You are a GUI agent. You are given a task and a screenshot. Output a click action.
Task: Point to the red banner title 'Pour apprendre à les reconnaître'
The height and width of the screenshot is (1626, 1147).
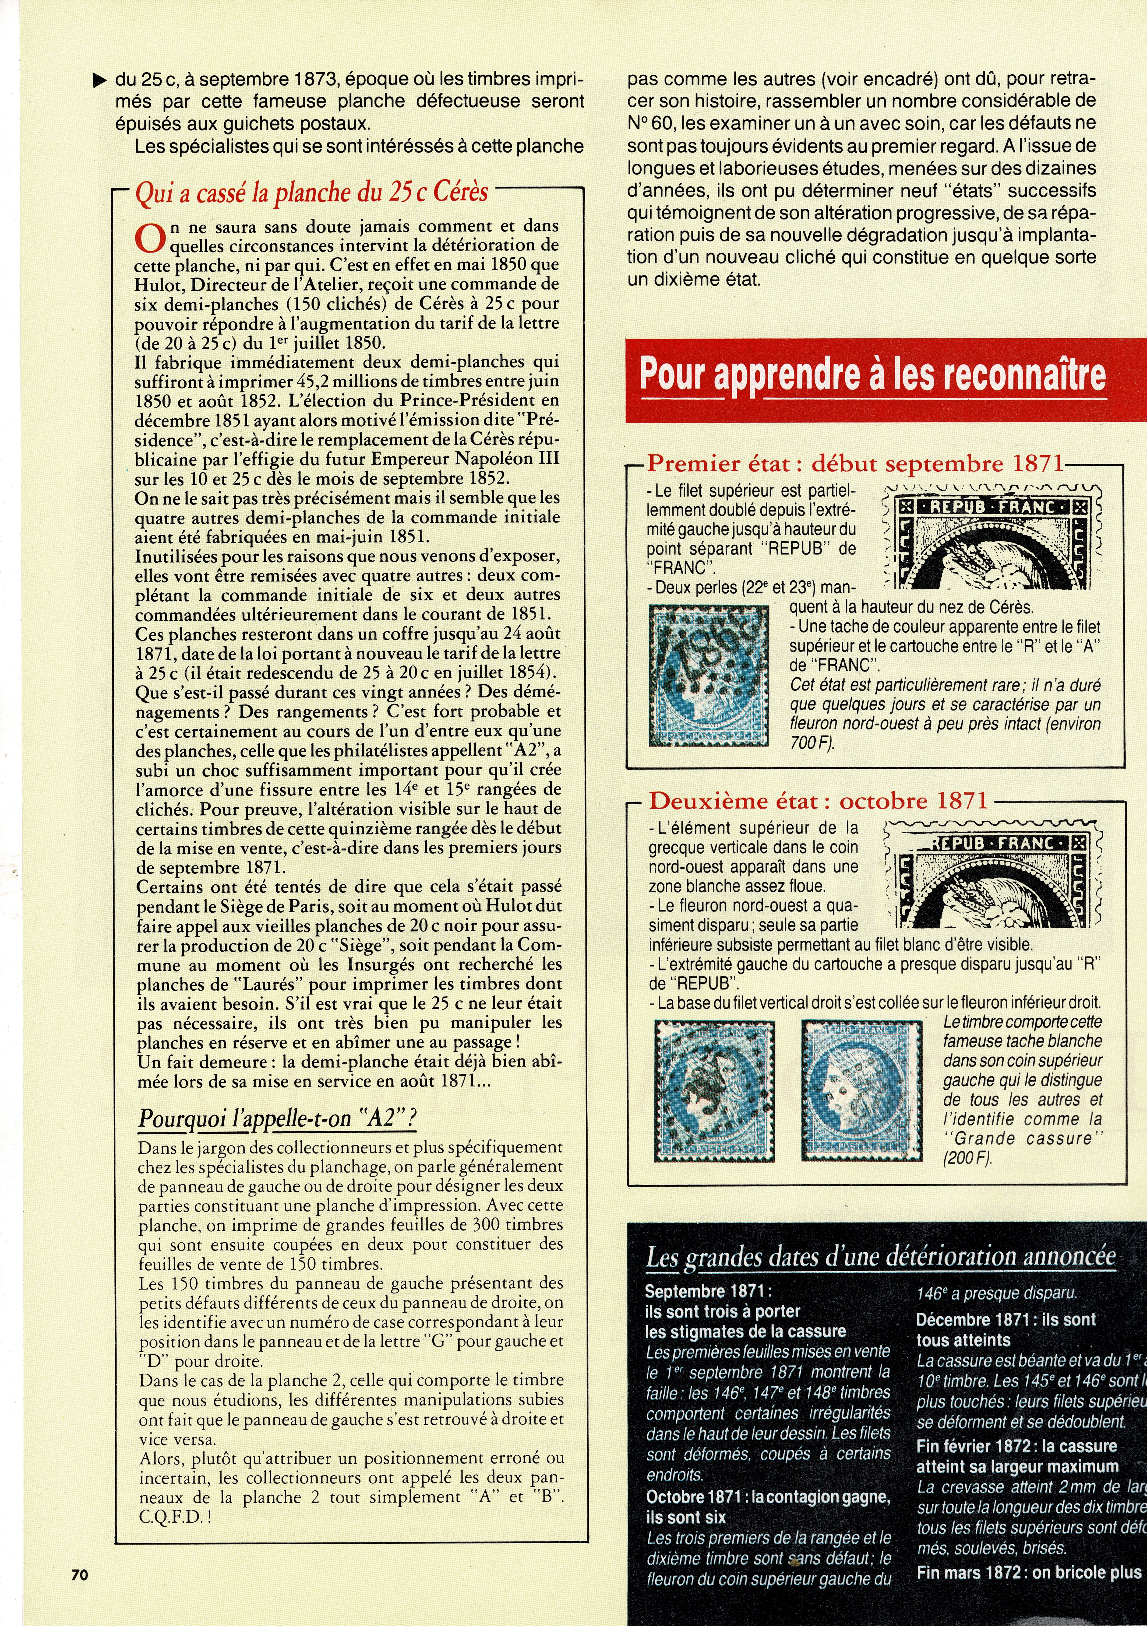tap(872, 373)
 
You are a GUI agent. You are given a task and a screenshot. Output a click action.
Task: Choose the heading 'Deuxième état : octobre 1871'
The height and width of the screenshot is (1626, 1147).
tap(818, 801)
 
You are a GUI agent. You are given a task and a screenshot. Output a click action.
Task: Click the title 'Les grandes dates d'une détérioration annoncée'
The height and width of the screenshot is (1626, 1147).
tap(881, 1256)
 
